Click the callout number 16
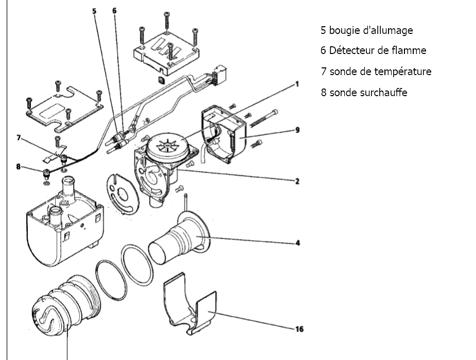click(298, 329)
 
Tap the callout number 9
click(297, 130)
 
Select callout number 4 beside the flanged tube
click(297, 243)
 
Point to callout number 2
click(297, 181)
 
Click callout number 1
click(297, 83)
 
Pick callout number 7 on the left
click(18, 138)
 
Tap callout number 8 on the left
click(18, 166)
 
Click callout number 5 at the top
click(94, 10)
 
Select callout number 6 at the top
click(114, 10)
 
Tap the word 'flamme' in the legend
click(408, 50)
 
